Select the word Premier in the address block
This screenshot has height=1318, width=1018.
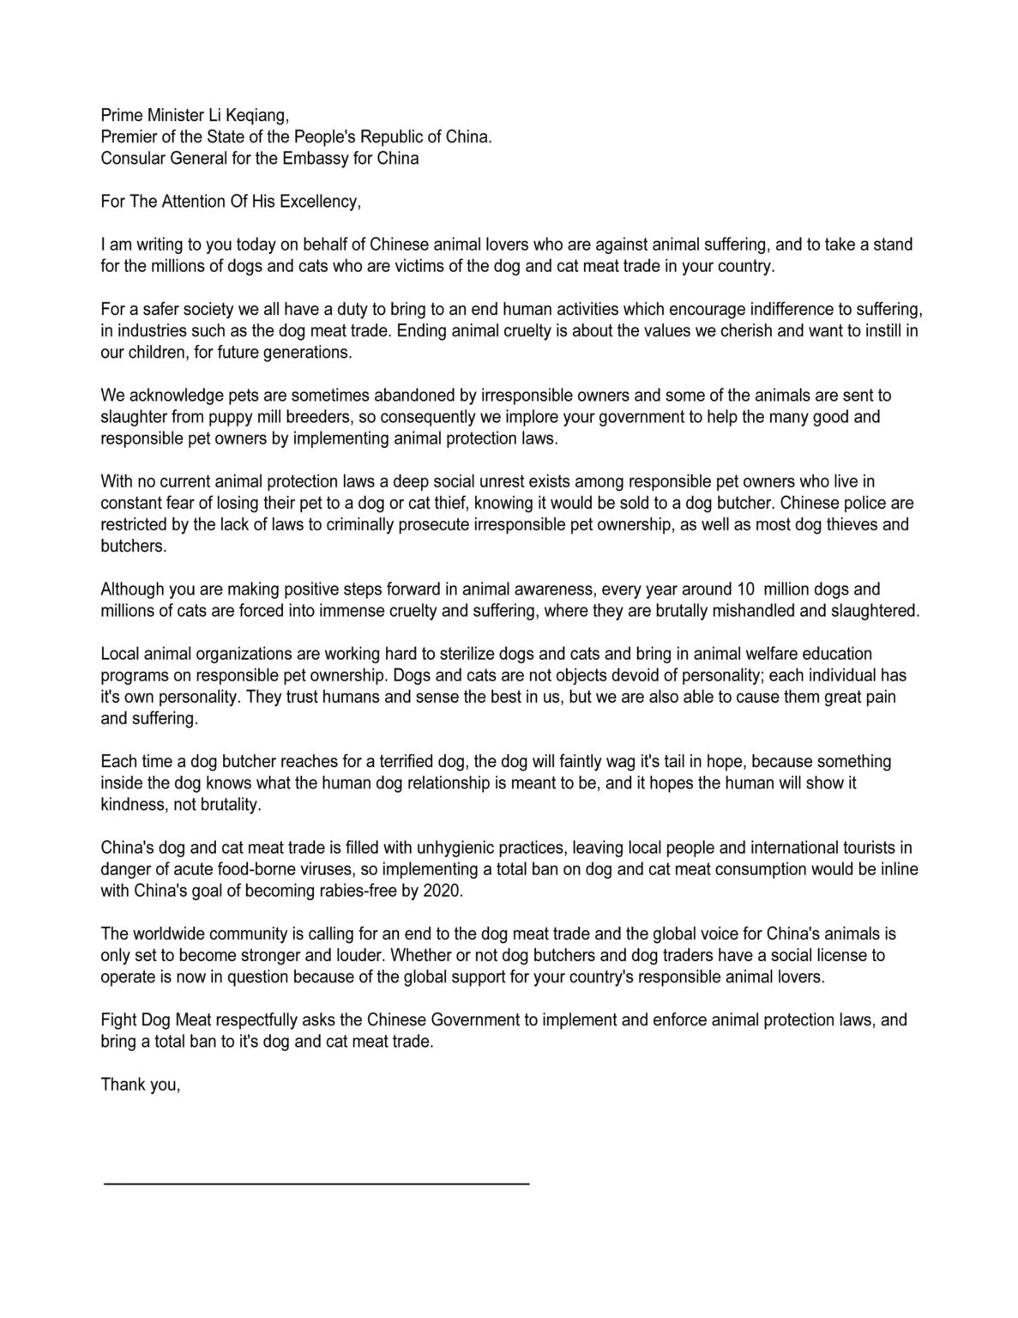[x=129, y=137]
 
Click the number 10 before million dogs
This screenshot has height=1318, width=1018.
[x=746, y=589]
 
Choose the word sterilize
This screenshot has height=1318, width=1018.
[x=479, y=654]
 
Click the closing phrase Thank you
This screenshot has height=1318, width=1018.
[x=141, y=1085]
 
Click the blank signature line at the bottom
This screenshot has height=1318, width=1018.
[x=316, y=1183]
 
